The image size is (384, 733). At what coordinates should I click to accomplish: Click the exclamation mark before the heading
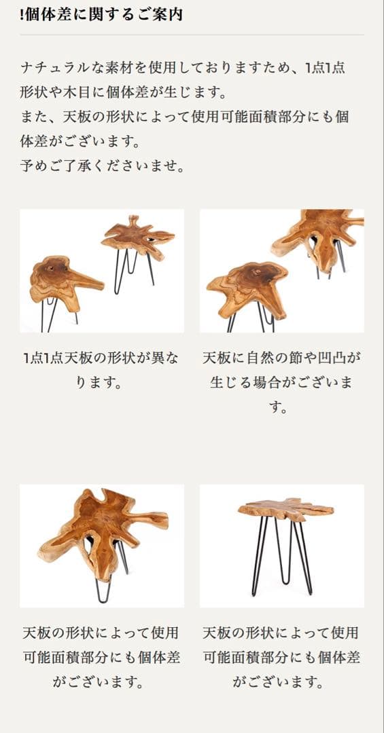[22, 14]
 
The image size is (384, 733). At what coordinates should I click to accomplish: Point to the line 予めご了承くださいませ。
[103, 165]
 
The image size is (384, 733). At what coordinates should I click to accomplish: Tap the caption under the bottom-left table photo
[100, 657]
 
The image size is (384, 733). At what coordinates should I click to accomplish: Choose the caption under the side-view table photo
[281, 657]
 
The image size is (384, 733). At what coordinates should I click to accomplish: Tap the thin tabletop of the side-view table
[285, 508]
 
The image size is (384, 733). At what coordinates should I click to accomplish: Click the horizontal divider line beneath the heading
[192, 35]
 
